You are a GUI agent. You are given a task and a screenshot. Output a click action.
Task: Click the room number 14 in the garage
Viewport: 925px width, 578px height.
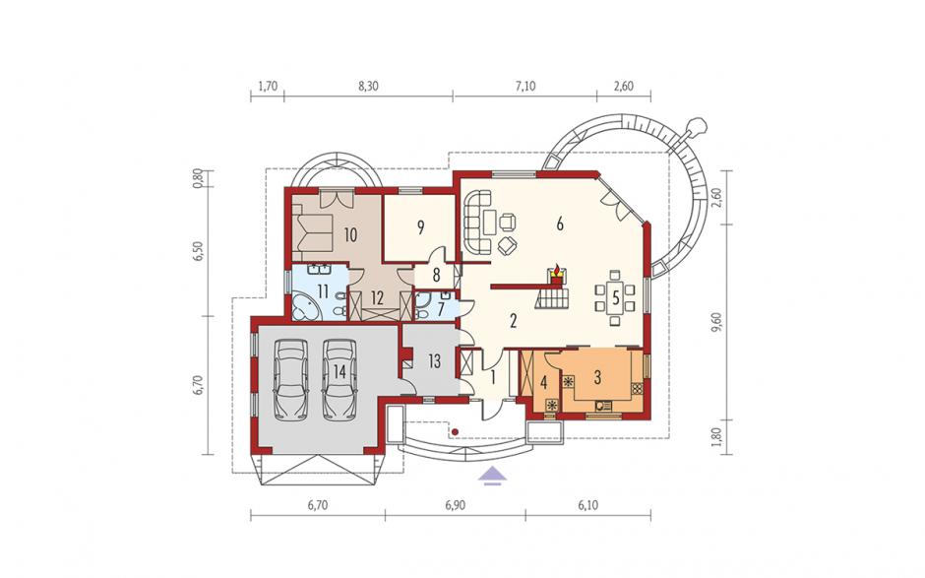tap(339, 371)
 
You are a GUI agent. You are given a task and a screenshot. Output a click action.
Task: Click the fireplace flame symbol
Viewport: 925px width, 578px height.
tap(556, 270)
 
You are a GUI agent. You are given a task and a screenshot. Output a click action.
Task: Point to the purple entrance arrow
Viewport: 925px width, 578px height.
tap(493, 475)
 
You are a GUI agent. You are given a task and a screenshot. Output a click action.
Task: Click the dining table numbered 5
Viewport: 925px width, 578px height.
tap(615, 297)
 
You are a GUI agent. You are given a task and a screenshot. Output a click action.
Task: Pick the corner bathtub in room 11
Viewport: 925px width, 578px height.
tap(307, 306)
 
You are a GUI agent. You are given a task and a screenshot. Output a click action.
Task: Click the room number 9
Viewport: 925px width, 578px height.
tap(420, 227)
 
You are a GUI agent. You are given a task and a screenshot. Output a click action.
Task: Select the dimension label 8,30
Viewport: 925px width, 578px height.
tap(369, 87)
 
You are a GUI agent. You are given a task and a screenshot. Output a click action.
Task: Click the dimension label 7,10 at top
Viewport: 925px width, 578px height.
tap(525, 87)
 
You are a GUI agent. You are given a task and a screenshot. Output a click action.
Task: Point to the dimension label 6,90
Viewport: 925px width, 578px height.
tap(456, 505)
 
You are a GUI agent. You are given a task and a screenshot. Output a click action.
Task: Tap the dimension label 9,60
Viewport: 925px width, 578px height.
tap(716, 322)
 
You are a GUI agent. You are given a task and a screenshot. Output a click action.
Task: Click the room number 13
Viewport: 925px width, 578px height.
tap(435, 360)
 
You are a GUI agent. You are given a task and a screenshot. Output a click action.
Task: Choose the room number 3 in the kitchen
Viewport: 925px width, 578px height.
tap(597, 377)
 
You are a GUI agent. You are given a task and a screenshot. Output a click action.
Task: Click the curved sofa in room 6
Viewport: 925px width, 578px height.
tap(477, 222)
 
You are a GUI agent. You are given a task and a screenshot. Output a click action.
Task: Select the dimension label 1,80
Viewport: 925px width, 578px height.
tap(716, 437)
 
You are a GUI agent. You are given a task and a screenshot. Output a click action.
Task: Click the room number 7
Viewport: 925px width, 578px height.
tap(440, 309)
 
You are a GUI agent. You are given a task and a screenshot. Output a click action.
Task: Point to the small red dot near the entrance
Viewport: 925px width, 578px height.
tap(455, 432)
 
